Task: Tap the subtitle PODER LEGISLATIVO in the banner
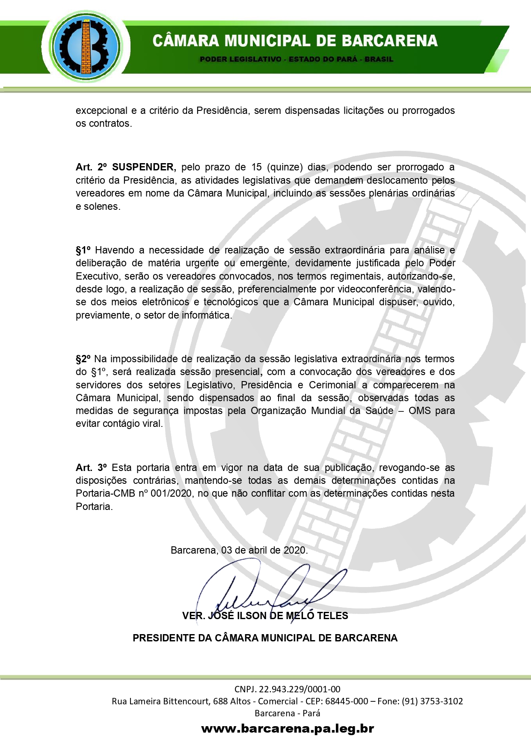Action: point(240,59)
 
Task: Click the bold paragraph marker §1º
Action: point(83,250)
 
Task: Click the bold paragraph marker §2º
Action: point(83,359)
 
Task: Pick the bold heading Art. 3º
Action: point(91,468)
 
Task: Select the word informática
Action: point(207,315)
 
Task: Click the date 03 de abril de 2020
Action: point(264,550)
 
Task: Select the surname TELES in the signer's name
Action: point(332,616)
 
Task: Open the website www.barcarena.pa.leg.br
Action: point(288,728)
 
